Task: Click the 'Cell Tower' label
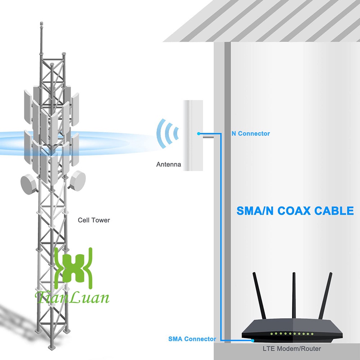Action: coord(94,220)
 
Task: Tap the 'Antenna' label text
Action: coord(168,165)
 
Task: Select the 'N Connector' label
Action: coord(251,134)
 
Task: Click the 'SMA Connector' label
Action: coord(192,339)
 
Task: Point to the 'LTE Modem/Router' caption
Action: coord(292,349)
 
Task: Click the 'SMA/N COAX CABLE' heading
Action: coord(295,211)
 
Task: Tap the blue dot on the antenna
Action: coord(199,134)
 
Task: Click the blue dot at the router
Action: coord(253,341)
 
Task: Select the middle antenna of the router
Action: coord(294,295)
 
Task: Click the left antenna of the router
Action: coord(259,296)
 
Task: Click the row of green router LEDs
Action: coord(292,334)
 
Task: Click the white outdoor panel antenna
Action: coord(193,135)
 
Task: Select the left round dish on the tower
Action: coord(29,184)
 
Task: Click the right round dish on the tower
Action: coord(77,181)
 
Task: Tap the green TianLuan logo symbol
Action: coord(73,268)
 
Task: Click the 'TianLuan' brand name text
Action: coord(72,297)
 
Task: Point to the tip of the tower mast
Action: coord(41,22)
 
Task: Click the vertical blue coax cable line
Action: coord(221,237)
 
